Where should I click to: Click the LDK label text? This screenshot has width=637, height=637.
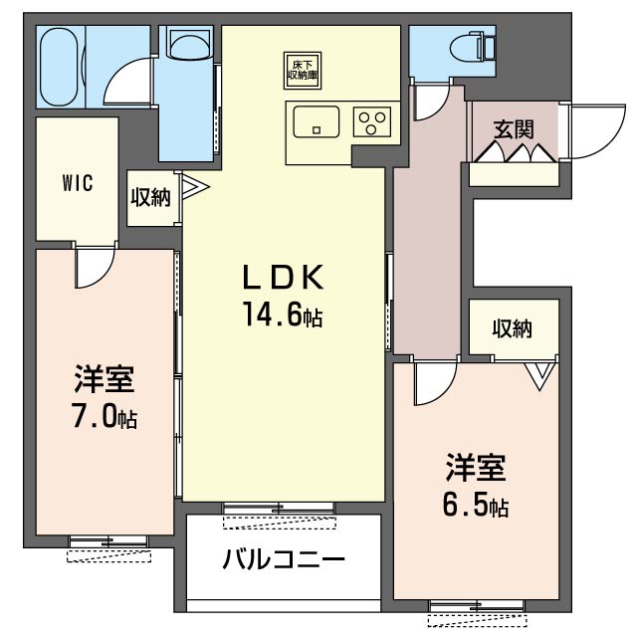pyautogui.click(x=283, y=277)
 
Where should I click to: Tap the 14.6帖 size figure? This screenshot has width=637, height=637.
pyautogui.click(x=283, y=315)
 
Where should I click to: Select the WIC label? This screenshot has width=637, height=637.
pyautogui.click(x=78, y=183)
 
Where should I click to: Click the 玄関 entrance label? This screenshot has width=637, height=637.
pyautogui.click(x=514, y=129)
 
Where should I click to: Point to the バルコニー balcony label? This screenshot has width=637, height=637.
pyautogui.click(x=284, y=558)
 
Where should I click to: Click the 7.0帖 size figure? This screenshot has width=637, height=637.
pyautogui.click(x=105, y=416)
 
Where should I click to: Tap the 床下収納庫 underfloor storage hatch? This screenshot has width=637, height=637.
pyautogui.click(x=303, y=71)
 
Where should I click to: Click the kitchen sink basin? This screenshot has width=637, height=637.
pyautogui.click(x=317, y=121)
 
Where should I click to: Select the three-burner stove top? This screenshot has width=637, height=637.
pyautogui.click(x=372, y=121)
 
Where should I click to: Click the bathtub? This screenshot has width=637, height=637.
pyautogui.click(x=60, y=67)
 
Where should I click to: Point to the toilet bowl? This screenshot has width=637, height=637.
pyautogui.click(x=467, y=48)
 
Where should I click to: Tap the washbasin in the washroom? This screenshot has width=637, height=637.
pyautogui.click(x=186, y=45)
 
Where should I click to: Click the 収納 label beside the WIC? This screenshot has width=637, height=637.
pyautogui.click(x=150, y=197)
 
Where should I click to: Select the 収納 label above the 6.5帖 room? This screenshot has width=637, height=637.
pyautogui.click(x=513, y=328)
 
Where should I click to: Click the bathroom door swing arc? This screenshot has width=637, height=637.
pyautogui.click(x=119, y=74)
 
